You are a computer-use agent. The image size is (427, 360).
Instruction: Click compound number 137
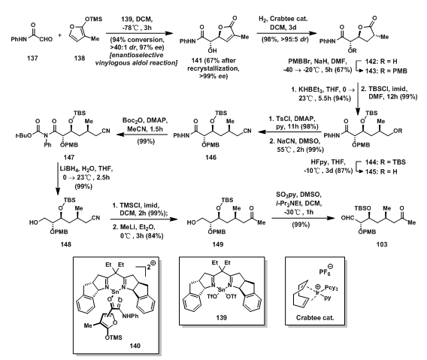tap(32, 58)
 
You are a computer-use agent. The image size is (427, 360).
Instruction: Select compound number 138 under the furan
tap(80, 58)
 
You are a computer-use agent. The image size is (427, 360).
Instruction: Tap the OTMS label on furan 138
tap(94, 19)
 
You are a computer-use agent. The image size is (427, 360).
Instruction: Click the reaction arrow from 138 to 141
tap(139, 34)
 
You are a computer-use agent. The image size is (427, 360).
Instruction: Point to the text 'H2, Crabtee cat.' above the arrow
tap(283, 19)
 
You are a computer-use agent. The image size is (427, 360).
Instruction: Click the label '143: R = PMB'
tap(386, 71)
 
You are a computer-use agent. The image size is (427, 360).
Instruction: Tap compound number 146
tap(211, 157)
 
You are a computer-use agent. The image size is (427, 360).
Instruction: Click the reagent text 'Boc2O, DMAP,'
tap(145, 120)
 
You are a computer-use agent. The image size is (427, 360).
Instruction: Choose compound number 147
tap(69, 157)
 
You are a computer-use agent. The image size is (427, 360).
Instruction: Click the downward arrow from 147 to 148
tap(58, 179)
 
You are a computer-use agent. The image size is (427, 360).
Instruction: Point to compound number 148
tap(66, 244)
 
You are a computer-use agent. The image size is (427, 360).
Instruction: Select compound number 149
tap(218, 244)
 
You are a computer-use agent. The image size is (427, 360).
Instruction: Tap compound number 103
tap(382, 244)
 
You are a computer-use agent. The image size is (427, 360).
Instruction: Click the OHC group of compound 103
tap(347, 218)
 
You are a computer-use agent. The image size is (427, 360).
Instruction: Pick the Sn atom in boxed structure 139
tap(222, 290)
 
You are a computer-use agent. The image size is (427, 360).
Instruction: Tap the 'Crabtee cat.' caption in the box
tap(315, 317)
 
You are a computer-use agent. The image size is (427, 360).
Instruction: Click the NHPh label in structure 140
tap(131, 316)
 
